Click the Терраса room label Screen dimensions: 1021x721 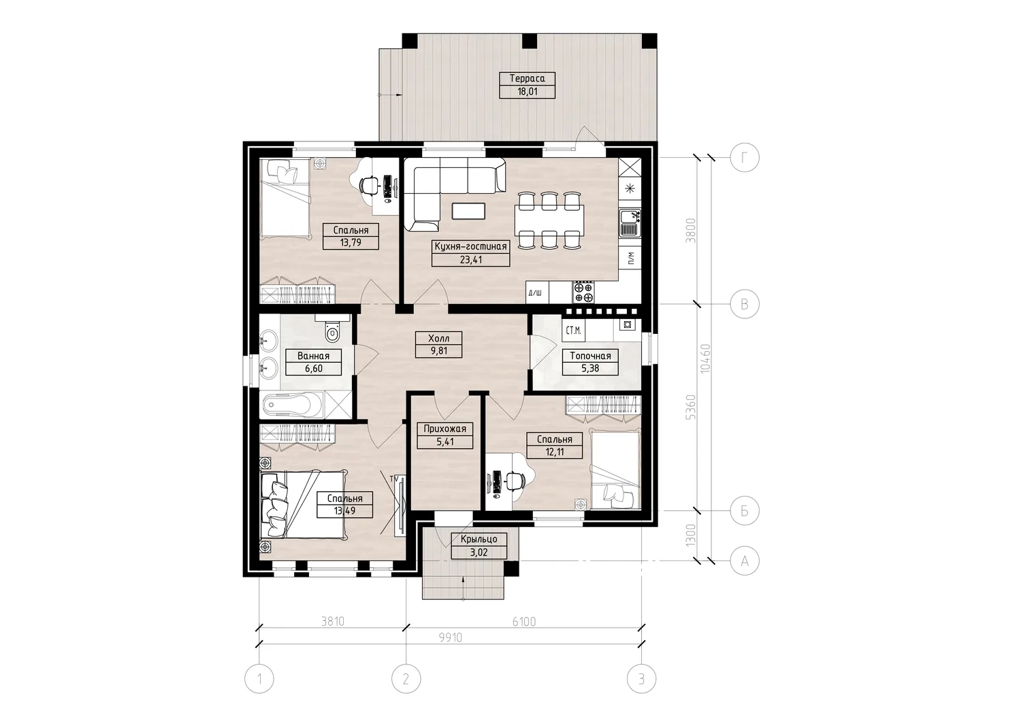click(527, 78)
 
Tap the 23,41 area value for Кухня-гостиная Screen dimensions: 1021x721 click(471, 260)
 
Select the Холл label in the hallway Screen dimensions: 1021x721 click(438, 339)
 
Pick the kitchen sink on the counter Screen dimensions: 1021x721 click(630, 223)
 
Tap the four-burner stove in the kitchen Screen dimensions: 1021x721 click(584, 292)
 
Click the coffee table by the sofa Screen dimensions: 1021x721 click(468, 211)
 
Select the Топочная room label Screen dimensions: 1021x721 click(590, 356)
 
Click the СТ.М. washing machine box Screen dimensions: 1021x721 click(573, 331)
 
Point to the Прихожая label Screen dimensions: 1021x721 click(445, 429)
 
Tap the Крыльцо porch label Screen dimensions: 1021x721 click(479, 539)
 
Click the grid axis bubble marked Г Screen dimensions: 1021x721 click(745, 158)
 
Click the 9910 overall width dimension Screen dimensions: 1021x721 click(451, 637)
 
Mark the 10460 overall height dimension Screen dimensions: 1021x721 click(705, 359)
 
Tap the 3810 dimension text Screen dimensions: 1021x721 click(333, 621)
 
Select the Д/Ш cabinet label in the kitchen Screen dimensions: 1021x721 click(535, 292)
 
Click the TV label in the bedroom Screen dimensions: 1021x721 click(394, 478)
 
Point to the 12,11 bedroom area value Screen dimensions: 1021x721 click(554, 452)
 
